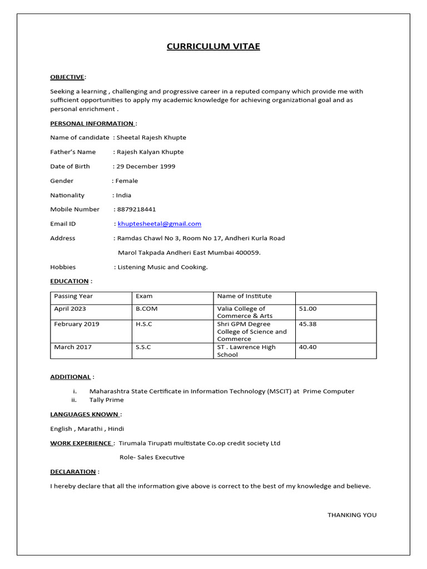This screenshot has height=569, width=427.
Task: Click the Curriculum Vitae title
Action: coord(213,46)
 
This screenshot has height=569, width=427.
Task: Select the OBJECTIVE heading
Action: coord(67,77)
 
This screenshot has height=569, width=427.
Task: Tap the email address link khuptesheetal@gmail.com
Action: coord(160,224)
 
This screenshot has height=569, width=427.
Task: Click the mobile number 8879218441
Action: coord(137,209)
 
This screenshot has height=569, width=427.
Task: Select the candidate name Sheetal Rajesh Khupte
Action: coord(151,137)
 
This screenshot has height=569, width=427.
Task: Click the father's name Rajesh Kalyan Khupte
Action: coord(150,152)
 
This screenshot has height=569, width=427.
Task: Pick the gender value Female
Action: coord(127,181)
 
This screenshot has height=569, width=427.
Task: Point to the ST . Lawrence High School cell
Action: coord(246,351)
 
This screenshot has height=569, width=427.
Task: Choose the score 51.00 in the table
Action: coord(307,309)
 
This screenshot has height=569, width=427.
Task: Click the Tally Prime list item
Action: coord(107,400)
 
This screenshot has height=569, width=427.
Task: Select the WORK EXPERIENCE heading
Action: coord(81,443)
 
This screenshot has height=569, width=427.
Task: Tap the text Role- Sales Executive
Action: coord(152,457)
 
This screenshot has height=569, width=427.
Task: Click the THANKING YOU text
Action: coord(351,515)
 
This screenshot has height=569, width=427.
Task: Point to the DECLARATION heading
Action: coord(73,472)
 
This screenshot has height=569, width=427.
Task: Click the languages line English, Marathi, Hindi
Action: coord(87,428)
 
